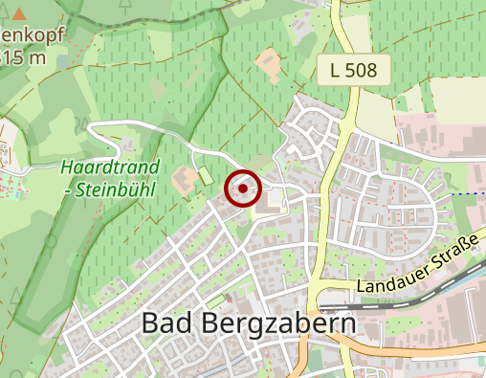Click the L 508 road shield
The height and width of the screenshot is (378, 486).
pyautogui.click(x=354, y=69)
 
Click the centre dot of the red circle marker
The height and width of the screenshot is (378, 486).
pyautogui.click(x=243, y=189)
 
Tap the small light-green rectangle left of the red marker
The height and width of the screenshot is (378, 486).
pyautogui.click(x=206, y=177)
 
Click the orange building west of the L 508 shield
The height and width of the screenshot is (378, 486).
pyautogui.click(x=268, y=65)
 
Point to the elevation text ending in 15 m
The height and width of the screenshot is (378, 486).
pyautogui.click(x=23, y=57)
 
